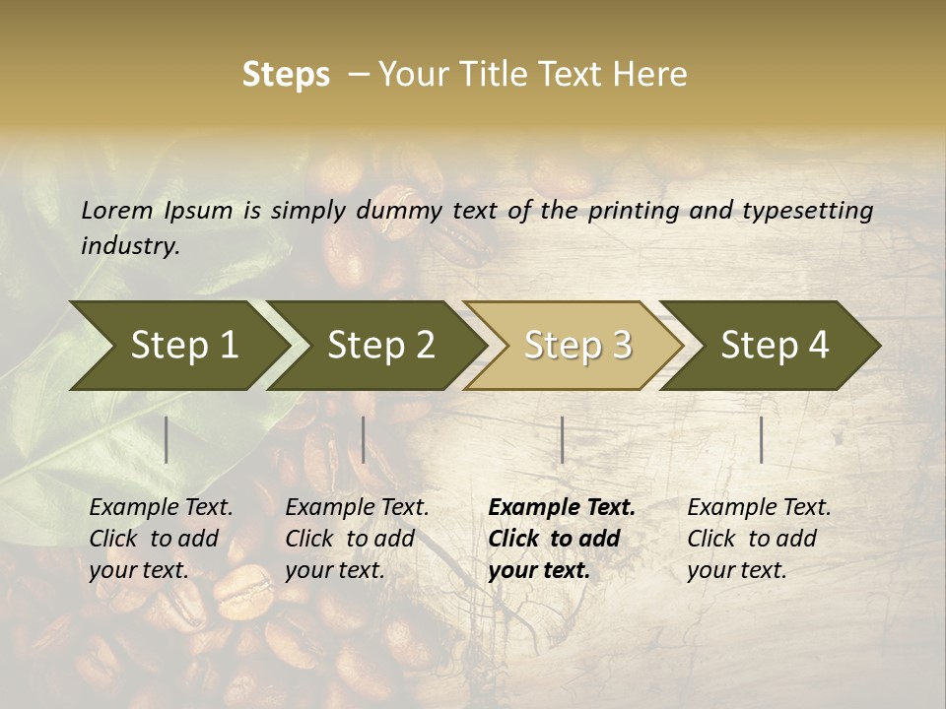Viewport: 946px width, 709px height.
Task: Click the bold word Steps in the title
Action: (286, 75)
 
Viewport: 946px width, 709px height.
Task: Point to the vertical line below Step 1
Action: (167, 439)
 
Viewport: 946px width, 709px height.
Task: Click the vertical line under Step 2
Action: (364, 439)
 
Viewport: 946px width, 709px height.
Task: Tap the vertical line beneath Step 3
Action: (563, 439)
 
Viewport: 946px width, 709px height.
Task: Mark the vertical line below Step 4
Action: (762, 439)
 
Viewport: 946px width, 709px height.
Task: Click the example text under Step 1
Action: (161, 539)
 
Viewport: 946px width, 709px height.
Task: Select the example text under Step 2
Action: (357, 539)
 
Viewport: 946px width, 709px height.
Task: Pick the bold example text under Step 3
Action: (562, 539)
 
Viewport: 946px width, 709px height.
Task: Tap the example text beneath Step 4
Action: (759, 539)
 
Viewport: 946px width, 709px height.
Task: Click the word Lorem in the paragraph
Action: (116, 211)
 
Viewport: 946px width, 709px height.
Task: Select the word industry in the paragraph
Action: (129, 246)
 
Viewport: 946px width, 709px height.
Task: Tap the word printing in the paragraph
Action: (632, 211)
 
